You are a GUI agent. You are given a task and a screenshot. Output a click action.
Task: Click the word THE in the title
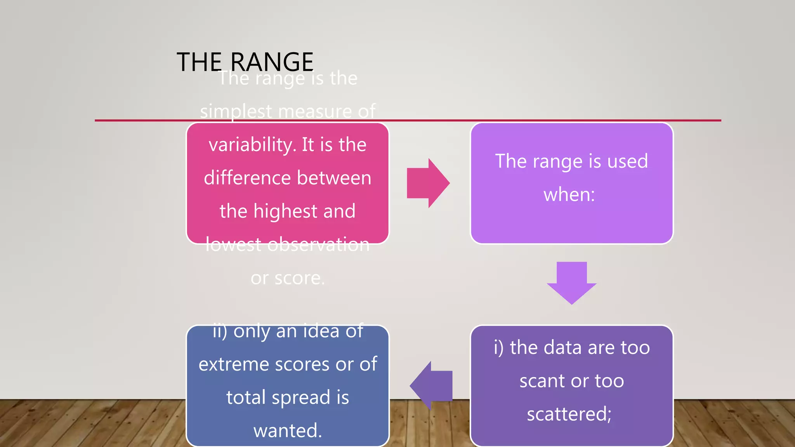199,62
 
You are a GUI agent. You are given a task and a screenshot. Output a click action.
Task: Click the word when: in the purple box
569,194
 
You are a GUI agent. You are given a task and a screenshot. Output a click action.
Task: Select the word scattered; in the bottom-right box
569,414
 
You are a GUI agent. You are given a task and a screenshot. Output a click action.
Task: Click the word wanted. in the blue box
288,431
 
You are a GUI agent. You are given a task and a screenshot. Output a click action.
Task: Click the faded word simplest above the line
236,112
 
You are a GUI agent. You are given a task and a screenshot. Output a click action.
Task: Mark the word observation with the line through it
318,245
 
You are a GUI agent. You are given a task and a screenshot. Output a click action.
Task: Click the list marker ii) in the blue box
220,331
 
